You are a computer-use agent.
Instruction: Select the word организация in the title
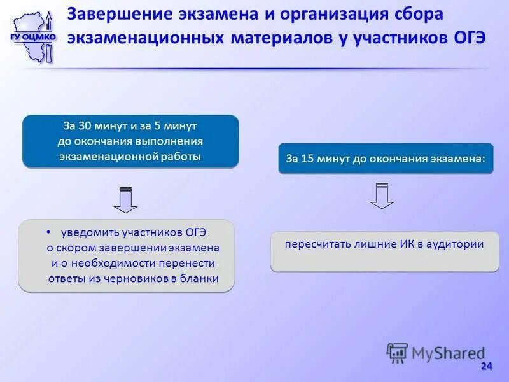point(309,14)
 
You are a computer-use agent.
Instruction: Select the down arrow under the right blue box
point(382,195)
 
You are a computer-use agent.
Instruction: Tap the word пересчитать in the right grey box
point(314,244)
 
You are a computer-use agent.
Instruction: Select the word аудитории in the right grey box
point(455,244)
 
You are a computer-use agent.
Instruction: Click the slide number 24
point(486,366)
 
